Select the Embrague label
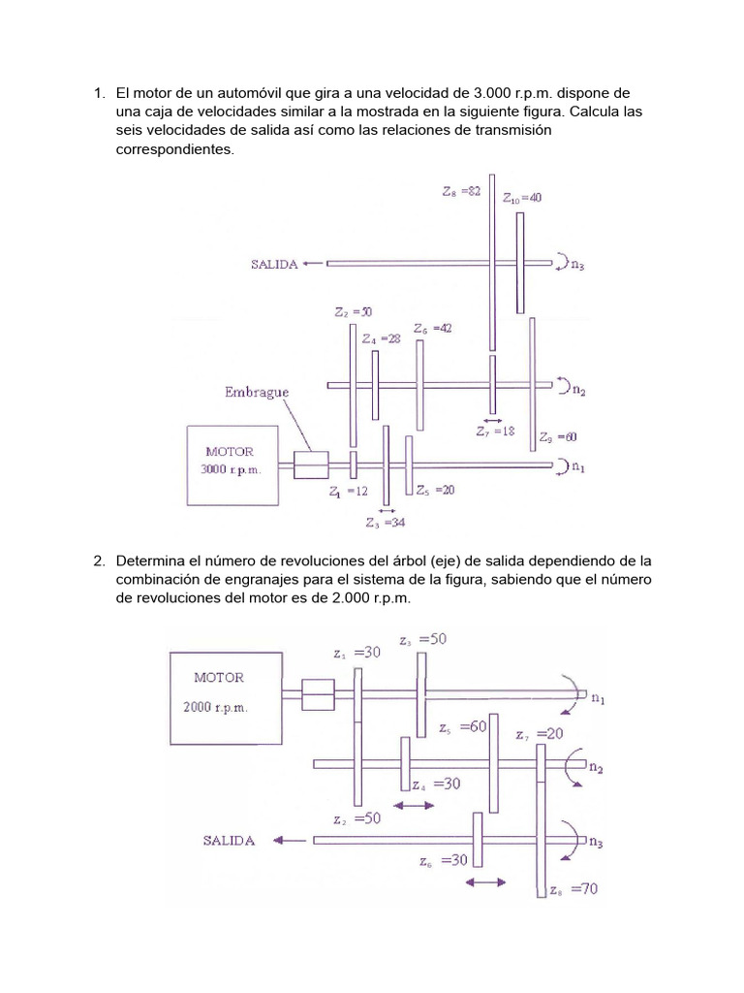[256, 393]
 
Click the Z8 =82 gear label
[461, 191]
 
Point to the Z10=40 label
[522, 198]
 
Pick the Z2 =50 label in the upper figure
[353, 312]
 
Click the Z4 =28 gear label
[381, 338]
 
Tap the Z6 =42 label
[433, 329]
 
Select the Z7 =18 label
[495, 432]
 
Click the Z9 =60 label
[558, 437]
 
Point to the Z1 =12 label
[348, 492]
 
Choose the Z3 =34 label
[386, 523]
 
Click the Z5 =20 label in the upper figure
[435, 490]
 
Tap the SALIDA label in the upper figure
[274, 265]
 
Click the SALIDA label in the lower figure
[229, 841]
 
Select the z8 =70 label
[573, 889]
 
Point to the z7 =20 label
[539, 734]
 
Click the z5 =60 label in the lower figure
[463, 727]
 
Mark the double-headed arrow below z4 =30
[414, 806]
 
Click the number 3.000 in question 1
[491, 93]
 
